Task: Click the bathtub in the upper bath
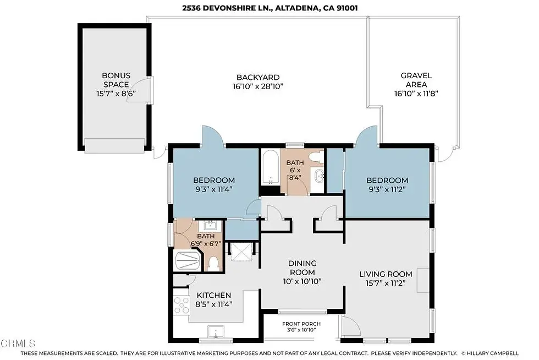271,167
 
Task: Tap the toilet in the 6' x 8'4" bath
314,157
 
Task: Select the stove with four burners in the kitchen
181,305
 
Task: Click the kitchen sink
216,332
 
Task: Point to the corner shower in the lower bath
188,261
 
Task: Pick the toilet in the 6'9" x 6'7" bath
213,264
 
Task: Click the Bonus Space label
116,80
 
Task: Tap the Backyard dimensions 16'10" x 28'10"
258,86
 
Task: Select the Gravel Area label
416,80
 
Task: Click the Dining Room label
302,268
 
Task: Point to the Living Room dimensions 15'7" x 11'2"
386,283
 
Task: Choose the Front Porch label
301,324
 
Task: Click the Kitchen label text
214,295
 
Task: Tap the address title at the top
270,8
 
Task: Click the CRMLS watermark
18,343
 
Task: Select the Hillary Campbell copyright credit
490,353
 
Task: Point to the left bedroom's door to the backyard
213,137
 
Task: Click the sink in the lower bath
210,226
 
